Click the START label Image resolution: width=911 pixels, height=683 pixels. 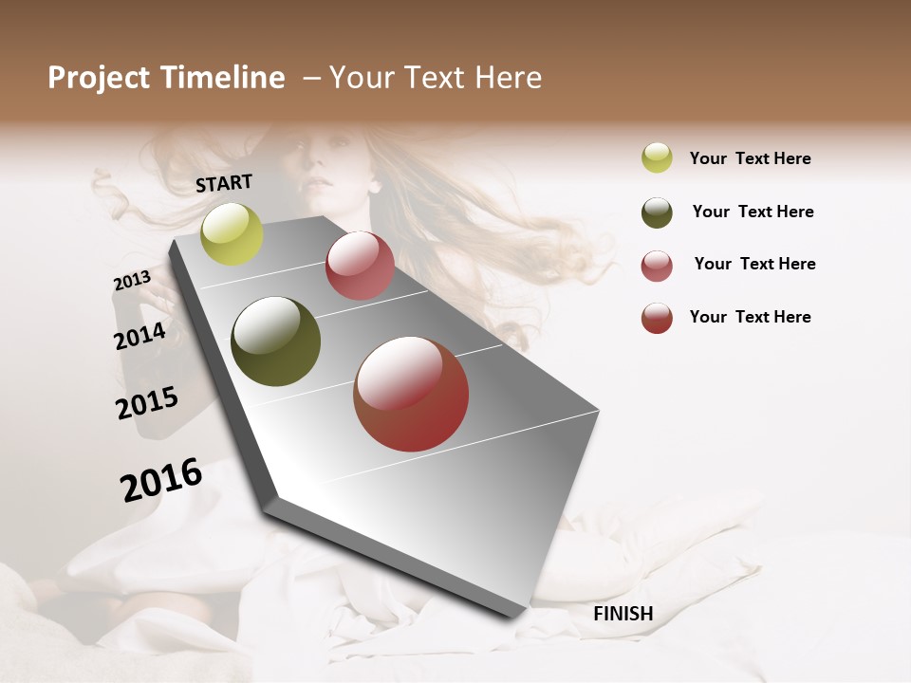coord(224,183)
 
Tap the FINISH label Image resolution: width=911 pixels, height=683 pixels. coord(623,614)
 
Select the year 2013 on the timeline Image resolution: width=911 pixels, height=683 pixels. coord(132,281)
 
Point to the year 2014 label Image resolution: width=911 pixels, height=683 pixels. coord(139,337)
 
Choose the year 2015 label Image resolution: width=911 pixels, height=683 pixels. coord(147,403)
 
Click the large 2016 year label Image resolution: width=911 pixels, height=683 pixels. coord(161,479)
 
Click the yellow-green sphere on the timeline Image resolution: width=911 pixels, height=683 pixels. coord(232,233)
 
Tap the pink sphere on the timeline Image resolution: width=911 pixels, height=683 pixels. coord(360,266)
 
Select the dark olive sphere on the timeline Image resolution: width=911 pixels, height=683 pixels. coord(275,341)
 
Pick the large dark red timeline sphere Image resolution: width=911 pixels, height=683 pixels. coord(411,394)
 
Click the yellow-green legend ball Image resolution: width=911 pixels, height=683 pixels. coord(657,157)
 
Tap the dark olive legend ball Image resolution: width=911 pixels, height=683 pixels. coord(657,212)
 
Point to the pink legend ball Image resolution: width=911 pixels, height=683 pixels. coord(657,266)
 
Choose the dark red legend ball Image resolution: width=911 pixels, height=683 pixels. coord(657,318)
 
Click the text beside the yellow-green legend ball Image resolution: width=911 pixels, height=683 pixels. coord(750,158)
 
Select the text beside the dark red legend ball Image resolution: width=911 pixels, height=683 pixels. coord(750,317)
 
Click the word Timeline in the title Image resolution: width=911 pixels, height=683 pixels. coord(225,78)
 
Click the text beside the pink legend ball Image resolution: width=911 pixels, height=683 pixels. coord(754,264)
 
